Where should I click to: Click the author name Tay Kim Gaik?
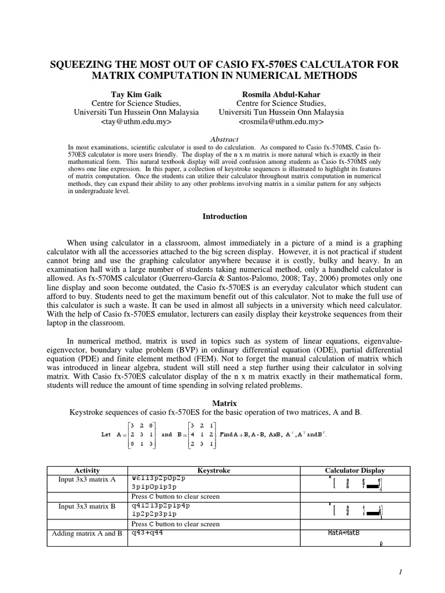pos(137,94)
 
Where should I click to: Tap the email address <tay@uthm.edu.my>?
pos(137,122)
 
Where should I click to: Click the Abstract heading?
pos(224,140)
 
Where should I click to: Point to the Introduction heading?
pos(224,217)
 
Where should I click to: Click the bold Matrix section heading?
pos(224,402)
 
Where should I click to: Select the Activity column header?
pos(87,471)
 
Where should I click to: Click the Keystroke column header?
pos(213,471)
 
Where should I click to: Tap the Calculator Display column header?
pos(355,471)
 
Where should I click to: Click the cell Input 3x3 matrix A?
pos(87,479)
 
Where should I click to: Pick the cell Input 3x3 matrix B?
pos(87,506)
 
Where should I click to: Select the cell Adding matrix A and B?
pos(87,533)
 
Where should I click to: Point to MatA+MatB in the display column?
pos(344,533)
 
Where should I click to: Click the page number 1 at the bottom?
pos(400,572)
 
